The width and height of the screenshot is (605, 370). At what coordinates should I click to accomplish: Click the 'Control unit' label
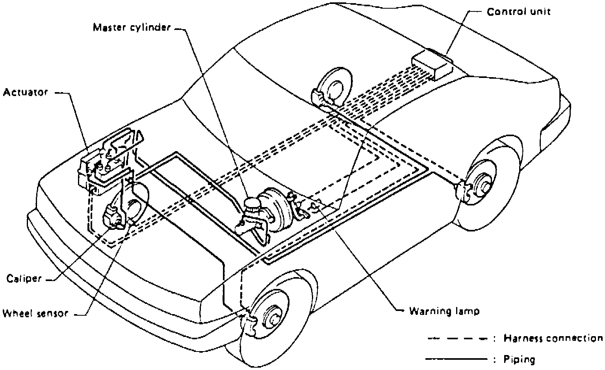(518, 12)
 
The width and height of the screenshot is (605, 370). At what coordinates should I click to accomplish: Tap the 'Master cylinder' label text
(132, 28)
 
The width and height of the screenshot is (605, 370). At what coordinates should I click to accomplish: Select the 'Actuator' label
(25, 92)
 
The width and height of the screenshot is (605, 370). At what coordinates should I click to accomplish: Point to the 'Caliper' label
(24, 279)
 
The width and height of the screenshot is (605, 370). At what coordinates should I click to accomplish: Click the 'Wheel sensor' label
(35, 314)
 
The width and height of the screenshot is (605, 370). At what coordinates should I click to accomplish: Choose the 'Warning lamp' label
(444, 311)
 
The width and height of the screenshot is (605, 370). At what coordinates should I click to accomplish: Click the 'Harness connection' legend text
(553, 338)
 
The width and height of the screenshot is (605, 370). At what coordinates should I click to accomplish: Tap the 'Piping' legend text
(520, 359)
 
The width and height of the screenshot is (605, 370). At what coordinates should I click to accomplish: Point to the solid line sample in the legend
(457, 359)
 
